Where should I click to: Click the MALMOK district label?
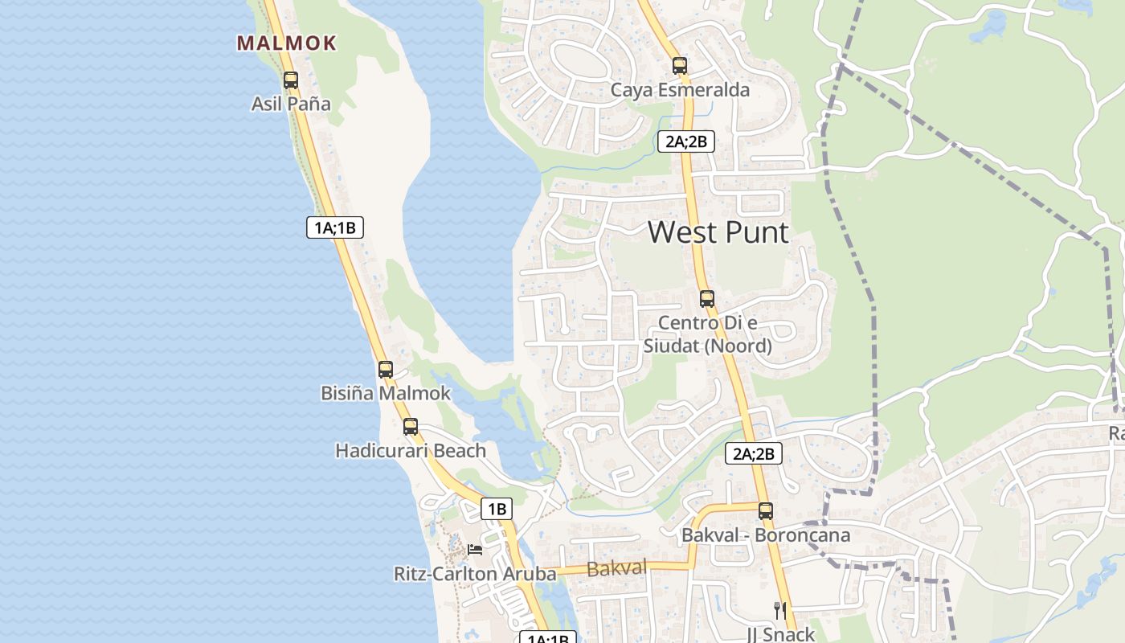(x=286, y=43)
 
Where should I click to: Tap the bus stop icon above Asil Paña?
(x=291, y=80)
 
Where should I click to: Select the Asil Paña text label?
(x=291, y=104)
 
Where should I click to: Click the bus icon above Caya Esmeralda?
(x=680, y=66)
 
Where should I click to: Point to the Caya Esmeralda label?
(x=680, y=89)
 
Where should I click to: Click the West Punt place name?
(x=718, y=232)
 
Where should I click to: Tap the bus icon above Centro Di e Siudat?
(x=707, y=299)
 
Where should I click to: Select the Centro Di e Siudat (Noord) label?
(x=707, y=334)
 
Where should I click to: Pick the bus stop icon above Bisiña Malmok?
(x=386, y=370)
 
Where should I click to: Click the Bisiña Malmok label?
(x=386, y=394)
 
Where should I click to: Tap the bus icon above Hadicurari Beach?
(x=411, y=427)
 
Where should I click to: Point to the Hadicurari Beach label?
(x=411, y=451)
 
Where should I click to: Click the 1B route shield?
(x=497, y=509)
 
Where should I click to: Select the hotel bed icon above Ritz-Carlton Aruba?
(x=475, y=550)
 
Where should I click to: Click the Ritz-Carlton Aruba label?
(x=475, y=574)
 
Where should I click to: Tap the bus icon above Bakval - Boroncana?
(x=766, y=510)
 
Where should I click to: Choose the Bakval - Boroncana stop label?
(x=766, y=534)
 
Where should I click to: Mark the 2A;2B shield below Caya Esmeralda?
(x=686, y=142)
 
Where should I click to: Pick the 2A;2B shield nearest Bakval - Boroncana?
(x=753, y=453)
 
